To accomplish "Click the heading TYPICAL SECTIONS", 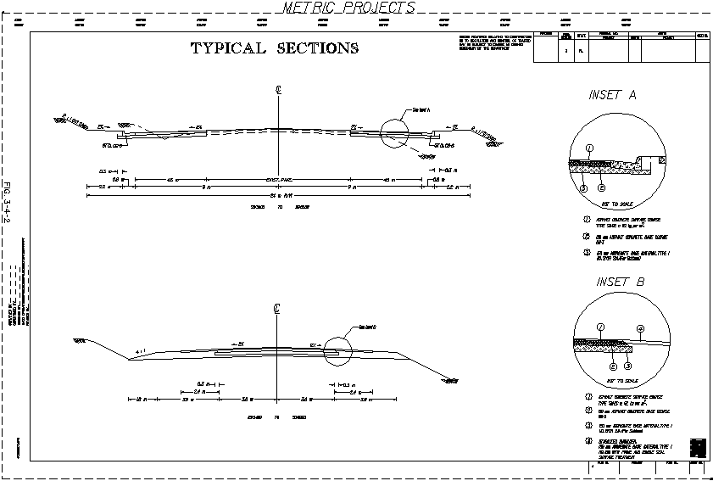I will pyautogui.click(x=274, y=48).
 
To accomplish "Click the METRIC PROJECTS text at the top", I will pyautogui.click(x=348, y=8).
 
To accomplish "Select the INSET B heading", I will pyautogui.click(x=620, y=282).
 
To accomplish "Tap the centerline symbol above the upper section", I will pyautogui.click(x=278, y=89).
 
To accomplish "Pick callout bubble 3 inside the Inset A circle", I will pyautogui.click(x=584, y=188).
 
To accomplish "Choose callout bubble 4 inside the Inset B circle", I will pyautogui.click(x=641, y=328).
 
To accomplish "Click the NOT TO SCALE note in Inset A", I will pyautogui.click(x=617, y=205).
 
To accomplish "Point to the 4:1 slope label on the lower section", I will pyautogui.click(x=141, y=351).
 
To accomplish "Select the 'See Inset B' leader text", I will pyautogui.click(x=367, y=327).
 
